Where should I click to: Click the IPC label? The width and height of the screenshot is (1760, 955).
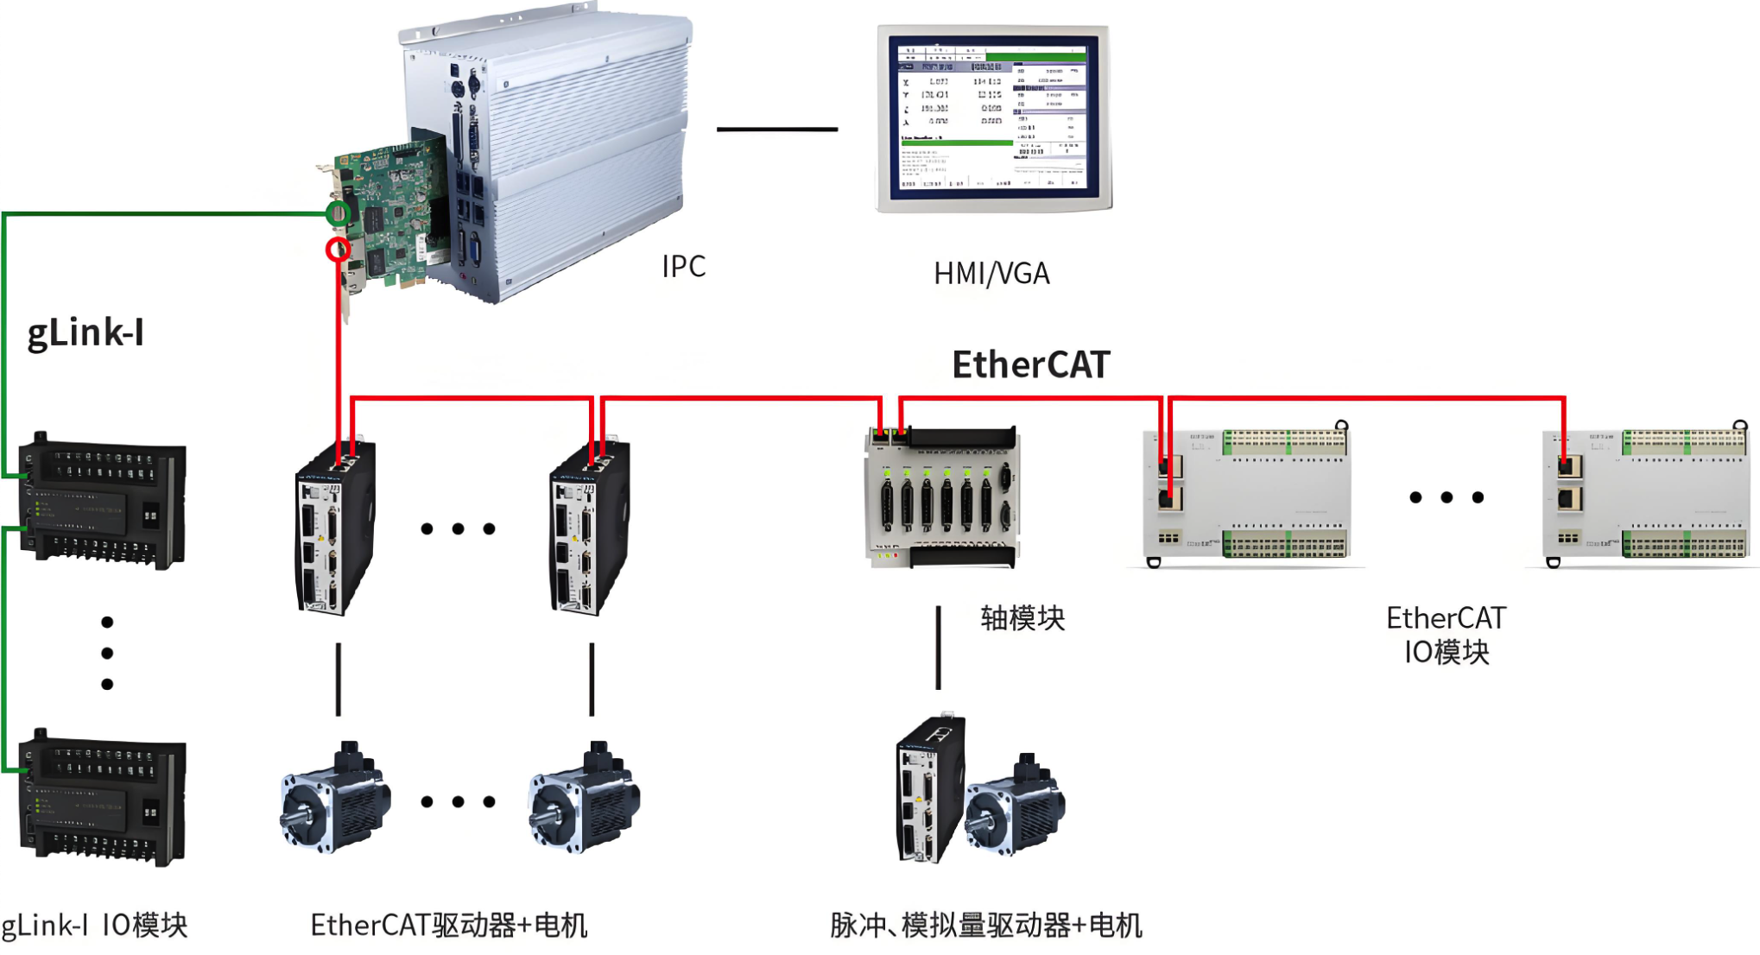[683, 266]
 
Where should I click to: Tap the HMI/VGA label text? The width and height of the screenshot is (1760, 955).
[991, 274]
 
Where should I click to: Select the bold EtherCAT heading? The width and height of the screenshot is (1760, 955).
[1030, 364]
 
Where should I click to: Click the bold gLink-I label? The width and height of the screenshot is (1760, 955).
[85, 332]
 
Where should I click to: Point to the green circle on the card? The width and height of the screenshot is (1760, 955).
[339, 212]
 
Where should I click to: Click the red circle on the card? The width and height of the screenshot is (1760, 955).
[338, 250]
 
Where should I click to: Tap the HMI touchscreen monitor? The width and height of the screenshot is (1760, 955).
[993, 118]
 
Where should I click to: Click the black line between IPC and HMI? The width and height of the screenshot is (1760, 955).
[776, 130]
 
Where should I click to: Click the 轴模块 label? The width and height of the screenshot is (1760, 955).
[1022, 618]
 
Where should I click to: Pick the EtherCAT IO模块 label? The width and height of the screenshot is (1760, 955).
[1446, 635]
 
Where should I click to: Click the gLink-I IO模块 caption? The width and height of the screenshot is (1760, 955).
[94, 926]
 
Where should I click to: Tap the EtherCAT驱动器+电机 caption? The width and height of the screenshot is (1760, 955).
[448, 926]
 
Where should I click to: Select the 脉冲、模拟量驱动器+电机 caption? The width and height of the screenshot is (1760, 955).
[985, 926]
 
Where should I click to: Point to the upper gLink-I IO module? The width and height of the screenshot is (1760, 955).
[102, 501]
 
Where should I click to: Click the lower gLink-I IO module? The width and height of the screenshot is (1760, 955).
[102, 799]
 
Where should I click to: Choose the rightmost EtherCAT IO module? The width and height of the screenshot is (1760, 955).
[1645, 495]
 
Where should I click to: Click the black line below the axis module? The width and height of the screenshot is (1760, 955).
[939, 648]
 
